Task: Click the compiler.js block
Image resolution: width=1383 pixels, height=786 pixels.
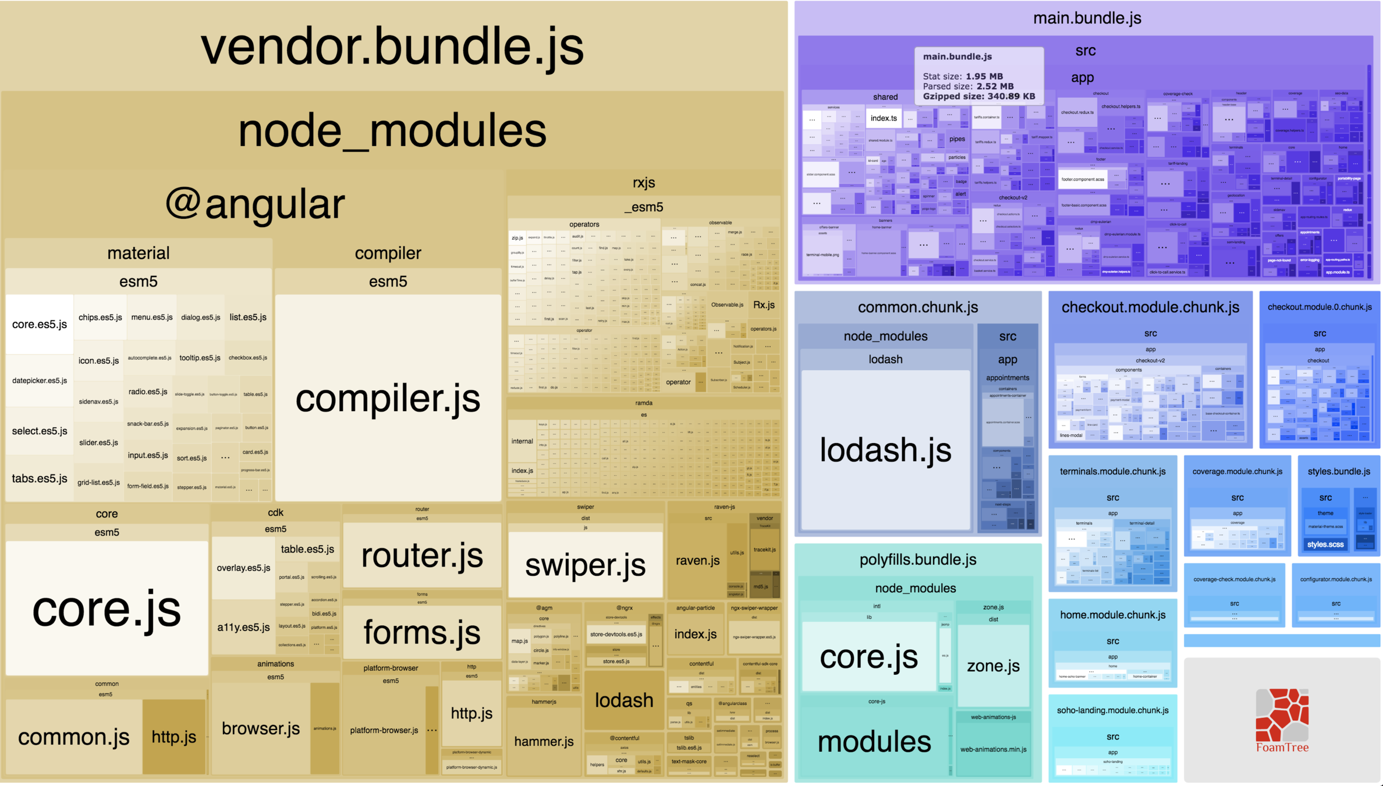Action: tap(388, 398)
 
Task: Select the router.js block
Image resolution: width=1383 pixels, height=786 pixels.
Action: tap(422, 555)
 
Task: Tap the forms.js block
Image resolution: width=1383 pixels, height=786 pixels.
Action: tap(422, 632)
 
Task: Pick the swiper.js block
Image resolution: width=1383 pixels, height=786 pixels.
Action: tap(585, 564)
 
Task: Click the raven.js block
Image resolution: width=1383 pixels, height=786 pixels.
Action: tap(697, 560)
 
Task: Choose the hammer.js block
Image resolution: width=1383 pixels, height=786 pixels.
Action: tap(544, 741)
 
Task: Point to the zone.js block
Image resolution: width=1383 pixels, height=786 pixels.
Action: tap(993, 665)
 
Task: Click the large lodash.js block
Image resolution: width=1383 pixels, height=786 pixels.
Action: tap(885, 449)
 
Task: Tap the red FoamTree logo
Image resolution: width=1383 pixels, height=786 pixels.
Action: tap(1282, 717)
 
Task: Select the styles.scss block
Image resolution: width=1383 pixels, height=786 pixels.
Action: tap(1325, 544)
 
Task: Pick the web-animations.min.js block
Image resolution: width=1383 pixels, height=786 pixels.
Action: tap(993, 749)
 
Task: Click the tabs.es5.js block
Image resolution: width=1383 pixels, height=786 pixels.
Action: tap(40, 479)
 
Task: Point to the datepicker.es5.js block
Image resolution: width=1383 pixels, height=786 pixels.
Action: tap(40, 381)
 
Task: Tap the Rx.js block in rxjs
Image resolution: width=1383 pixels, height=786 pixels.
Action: tap(764, 305)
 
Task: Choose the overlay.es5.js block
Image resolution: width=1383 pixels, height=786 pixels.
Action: tap(243, 568)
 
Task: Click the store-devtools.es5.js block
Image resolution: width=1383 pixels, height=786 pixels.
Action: tap(616, 634)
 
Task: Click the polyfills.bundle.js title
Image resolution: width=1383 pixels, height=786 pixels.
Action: tap(918, 560)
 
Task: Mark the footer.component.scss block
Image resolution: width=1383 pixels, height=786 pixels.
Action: tap(1083, 179)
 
